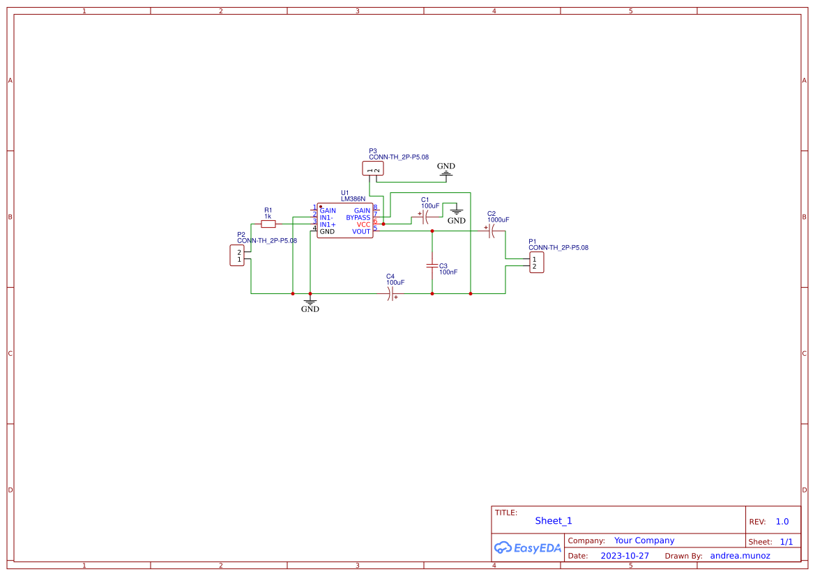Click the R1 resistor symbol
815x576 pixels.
pyautogui.click(x=268, y=224)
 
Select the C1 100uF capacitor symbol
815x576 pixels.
pyautogui.click(x=425, y=217)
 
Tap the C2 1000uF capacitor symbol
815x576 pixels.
pyautogui.click(x=491, y=231)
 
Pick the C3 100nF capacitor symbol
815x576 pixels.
pyautogui.click(x=432, y=266)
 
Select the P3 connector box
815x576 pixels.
pyautogui.click(x=373, y=168)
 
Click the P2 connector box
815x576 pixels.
pyautogui.click(x=237, y=256)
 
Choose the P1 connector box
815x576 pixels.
pyautogui.click(x=536, y=263)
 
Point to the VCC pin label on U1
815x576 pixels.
pyautogui.click(x=363, y=224)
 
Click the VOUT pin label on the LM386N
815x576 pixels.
pyautogui.click(x=361, y=231)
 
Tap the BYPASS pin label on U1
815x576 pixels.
pyautogui.click(x=358, y=217)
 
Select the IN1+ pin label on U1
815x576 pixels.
pyautogui.click(x=328, y=224)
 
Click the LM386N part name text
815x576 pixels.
pyautogui.click(x=353, y=199)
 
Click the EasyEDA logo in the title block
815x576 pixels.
pyautogui.click(x=528, y=548)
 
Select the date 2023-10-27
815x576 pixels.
pyautogui.click(x=625, y=556)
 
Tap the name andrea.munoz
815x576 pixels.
pyautogui.click(x=740, y=556)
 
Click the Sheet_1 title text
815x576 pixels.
pyautogui.click(x=554, y=521)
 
